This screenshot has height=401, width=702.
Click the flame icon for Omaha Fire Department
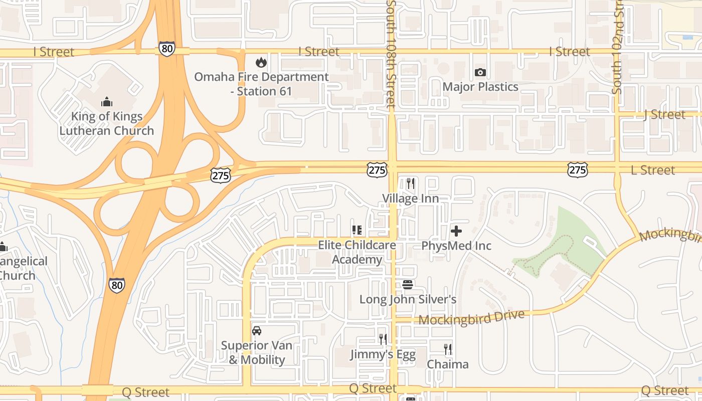click(261, 63)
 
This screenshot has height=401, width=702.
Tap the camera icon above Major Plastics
click(480, 72)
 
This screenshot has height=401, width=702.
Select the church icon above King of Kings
click(106, 102)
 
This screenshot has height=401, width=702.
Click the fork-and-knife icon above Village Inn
click(411, 183)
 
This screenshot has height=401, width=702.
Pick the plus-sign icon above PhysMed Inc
click(456, 231)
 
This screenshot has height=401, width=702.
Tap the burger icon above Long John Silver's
click(408, 285)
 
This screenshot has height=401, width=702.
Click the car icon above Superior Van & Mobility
click(257, 331)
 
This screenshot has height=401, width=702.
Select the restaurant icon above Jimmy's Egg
click(383, 339)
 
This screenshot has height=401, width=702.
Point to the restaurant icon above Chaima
click(448, 349)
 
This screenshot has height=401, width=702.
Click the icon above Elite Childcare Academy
click(357, 231)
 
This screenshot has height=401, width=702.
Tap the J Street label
click(664, 115)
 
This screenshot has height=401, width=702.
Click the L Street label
click(653, 170)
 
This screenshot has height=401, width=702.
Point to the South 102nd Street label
click(617, 50)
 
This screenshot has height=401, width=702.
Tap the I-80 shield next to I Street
click(167, 49)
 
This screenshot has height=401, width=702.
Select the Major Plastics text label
click(480, 87)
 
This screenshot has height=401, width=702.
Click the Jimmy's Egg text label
click(383, 354)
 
